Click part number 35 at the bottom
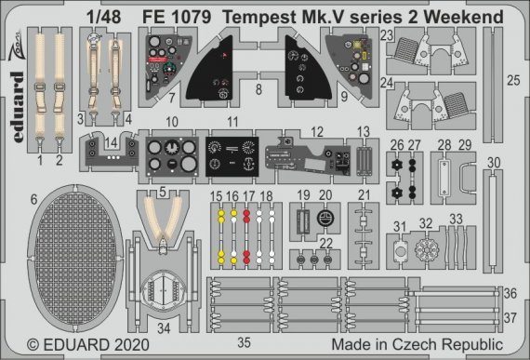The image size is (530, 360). (244, 342)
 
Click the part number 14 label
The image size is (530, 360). (113, 145)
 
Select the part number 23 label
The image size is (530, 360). (387, 35)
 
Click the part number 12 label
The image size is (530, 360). (317, 131)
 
